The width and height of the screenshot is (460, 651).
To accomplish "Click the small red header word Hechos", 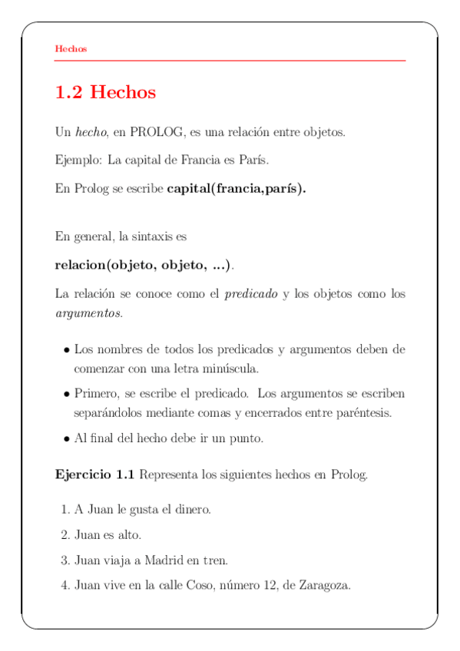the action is [x=71, y=49].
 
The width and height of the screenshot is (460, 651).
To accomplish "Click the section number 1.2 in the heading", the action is [x=69, y=93].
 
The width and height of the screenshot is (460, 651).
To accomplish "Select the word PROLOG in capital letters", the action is [x=157, y=132].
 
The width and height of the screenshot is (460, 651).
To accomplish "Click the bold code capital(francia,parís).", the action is [x=236, y=189].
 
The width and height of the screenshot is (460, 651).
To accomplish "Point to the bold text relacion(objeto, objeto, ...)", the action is [x=142, y=266].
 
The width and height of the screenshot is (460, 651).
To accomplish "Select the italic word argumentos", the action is [x=88, y=313].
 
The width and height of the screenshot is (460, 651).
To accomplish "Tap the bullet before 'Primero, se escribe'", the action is [x=67, y=394].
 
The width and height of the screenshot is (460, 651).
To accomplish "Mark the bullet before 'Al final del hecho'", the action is [x=67, y=439].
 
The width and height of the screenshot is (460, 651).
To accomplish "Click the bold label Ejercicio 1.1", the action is [x=94, y=474].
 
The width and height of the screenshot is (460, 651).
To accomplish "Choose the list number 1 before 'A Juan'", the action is [x=64, y=509].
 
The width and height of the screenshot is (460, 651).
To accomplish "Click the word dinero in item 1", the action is [x=192, y=509].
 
